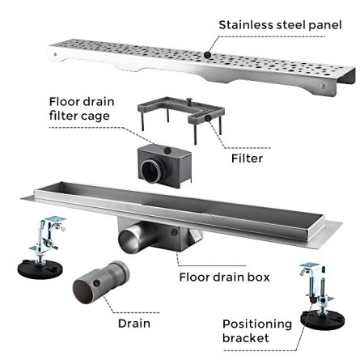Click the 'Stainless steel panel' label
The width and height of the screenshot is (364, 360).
click(x=280, y=25)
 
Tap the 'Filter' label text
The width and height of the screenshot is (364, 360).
click(x=247, y=159)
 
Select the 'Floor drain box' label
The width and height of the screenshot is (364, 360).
click(x=224, y=277)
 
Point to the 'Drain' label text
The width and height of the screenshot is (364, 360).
click(x=134, y=324)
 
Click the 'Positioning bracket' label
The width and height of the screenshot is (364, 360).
click(x=257, y=331)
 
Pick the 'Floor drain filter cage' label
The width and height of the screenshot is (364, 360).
click(x=82, y=108)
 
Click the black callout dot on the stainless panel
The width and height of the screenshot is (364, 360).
click(x=207, y=55)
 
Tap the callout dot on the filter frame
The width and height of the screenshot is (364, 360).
click(x=208, y=118)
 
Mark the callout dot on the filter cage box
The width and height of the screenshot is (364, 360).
click(x=167, y=150)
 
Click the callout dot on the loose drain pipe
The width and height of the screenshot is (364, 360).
click(x=97, y=283)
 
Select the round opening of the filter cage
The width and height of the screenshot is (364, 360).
click(x=151, y=172)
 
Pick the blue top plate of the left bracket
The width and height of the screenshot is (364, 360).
click(x=55, y=218)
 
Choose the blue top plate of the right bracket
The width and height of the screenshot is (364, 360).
click(x=309, y=265)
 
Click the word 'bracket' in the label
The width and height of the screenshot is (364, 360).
click(x=246, y=338)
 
